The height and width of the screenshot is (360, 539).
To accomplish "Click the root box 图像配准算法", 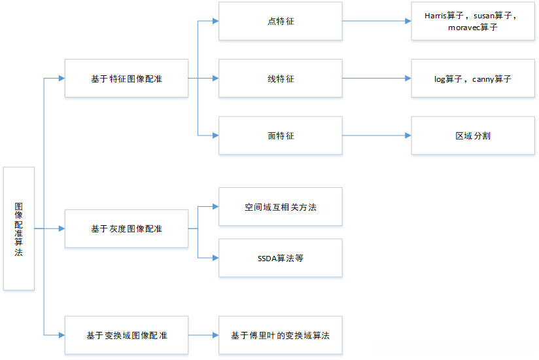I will point(19,228).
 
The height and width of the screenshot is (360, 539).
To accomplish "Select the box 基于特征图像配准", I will point(126,79).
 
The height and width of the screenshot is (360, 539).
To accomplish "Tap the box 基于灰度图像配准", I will point(126,228).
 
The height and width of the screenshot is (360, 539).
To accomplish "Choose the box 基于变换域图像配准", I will point(126,335).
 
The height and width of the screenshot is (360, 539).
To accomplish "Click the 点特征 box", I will point(280,21).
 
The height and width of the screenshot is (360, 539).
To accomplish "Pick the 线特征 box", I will point(280,79).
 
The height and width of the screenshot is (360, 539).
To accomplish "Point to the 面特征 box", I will point(280,135).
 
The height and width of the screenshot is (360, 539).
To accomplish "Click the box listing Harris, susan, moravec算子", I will point(473,21).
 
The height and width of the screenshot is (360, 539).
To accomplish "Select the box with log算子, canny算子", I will point(473,79).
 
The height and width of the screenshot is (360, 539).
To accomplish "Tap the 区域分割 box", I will point(473,135).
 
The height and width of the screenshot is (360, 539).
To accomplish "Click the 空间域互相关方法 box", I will point(280,207).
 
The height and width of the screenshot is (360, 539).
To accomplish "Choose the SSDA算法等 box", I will point(280,258).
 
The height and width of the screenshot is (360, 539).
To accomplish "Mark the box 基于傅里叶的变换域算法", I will point(280,335).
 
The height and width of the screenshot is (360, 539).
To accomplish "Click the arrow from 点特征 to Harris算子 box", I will point(376,21).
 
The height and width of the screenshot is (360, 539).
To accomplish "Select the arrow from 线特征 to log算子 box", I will point(376,79).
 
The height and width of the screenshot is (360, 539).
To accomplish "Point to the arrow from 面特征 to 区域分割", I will point(376,135).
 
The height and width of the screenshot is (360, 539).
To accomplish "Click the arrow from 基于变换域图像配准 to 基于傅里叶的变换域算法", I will point(203,335).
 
